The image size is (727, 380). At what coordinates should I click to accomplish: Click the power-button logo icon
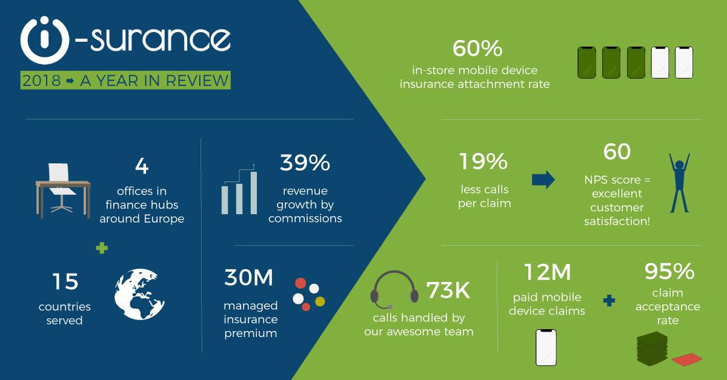(x=45, y=40)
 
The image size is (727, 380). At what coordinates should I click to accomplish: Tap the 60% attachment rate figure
(x=477, y=48)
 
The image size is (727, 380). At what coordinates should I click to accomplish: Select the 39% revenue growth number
(x=305, y=162)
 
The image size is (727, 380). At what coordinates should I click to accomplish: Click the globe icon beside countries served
(x=139, y=294)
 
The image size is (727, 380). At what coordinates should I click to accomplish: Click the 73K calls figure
(x=448, y=290)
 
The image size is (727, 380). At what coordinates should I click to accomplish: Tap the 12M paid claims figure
(x=547, y=272)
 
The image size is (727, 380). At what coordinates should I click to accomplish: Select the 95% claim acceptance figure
(x=669, y=271)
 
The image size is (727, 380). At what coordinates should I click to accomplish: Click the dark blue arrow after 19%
(x=543, y=179)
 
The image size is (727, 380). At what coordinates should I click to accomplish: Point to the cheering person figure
(x=679, y=183)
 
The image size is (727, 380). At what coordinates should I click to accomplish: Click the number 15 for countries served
(x=65, y=281)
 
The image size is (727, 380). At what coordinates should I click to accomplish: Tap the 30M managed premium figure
(x=248, y=278)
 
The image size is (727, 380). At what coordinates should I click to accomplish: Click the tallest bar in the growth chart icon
(x=254, y=192)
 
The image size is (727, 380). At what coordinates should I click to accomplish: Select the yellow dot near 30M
(x=320, y=301)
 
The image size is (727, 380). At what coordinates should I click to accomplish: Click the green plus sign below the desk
(x=102, y=248)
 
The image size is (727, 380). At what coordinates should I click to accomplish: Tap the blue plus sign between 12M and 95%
(x=609, y=301)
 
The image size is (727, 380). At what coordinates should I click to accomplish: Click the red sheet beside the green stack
(x=687, y=359)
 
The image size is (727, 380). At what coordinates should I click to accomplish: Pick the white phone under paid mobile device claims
(x=546, y=347)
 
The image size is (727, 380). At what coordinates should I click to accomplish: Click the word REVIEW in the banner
(x=198, y=80)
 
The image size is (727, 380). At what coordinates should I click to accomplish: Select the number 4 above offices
(x=142, y=166)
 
